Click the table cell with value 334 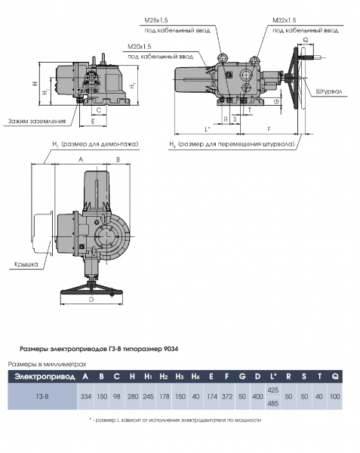pyautogui.click(x=85, y=396)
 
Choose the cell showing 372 pyautogui.click(x=227, y=396)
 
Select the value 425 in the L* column pyautogui.click(x=274, y=390)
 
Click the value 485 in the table pyautogui.click(x=274, y=404)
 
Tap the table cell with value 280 pyautogui.click(x=133, y=396)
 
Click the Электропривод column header pyautogui.click(x=42, y=375)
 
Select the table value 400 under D pyautogui.click(x=257, y=396)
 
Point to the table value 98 pyautogui.click(x=116, y=396)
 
